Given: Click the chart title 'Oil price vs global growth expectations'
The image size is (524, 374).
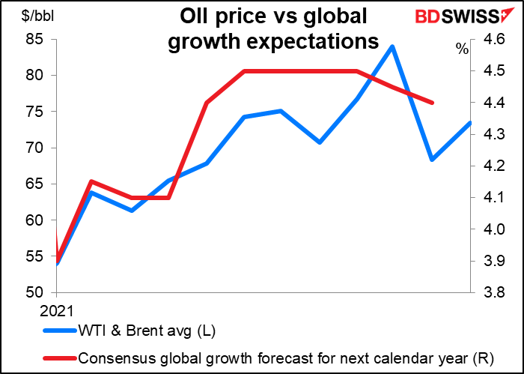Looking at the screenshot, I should [x=273, y=28].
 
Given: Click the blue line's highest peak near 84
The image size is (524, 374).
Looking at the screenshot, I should [x=392, y=46].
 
